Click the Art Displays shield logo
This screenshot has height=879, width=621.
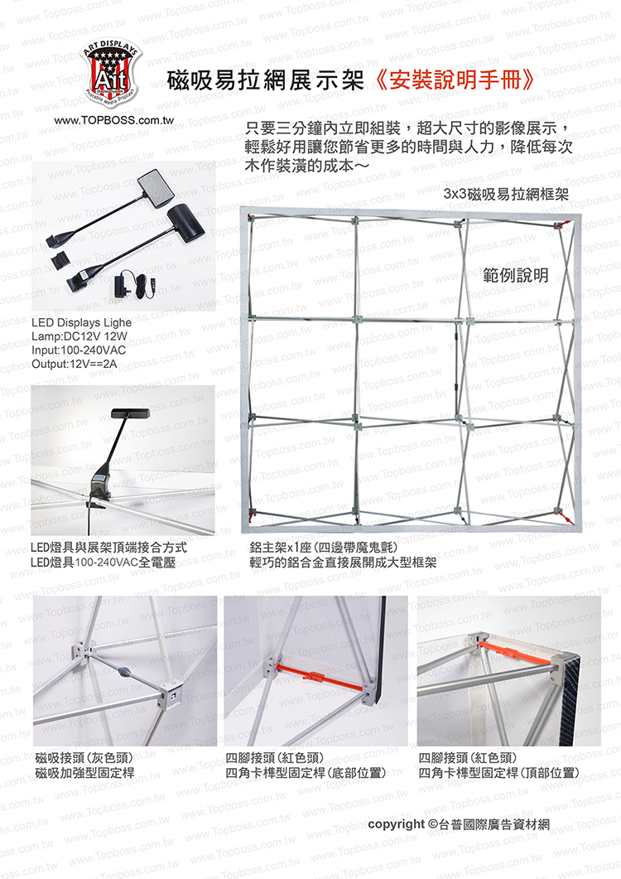pyautogui.click(x=110, y=73)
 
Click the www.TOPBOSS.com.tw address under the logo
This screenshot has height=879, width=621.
pyautogui.click(x=113, y=120)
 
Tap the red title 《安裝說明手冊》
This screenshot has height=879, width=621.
pyautogui.click(x=453, y=80)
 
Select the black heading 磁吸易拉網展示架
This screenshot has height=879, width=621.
pyautogui.click(x=266, y=80)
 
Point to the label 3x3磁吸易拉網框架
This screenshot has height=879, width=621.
pyautogui.click(x=506, y=195)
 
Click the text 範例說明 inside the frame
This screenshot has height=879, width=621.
pyautogui.click(x=516, y=275)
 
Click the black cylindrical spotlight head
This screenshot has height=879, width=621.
pyautogui.click(x=186, y=219)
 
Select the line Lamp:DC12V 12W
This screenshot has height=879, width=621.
pyautogui.click(x=79, y=336)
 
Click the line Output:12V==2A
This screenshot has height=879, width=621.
pyautogui.click(x=74, y=364)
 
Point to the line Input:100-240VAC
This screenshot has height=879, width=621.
pyautogui.click(x=79, y=350)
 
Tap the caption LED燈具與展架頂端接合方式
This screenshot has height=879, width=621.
pyautogui.click(x=108, y=548)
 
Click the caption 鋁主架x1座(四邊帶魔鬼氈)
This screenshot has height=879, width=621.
pyautogui.click(x=324, y=547)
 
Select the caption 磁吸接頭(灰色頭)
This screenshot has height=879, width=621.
pyautogui.click(x=84, y=758)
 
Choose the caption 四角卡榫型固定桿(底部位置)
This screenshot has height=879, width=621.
pyautogui.click(x=306, y=773)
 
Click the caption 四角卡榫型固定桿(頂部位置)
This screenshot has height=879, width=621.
pyautogui.click(x=498, y=773)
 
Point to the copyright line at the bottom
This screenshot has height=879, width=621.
pyautogui.click(x=459, y=824)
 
